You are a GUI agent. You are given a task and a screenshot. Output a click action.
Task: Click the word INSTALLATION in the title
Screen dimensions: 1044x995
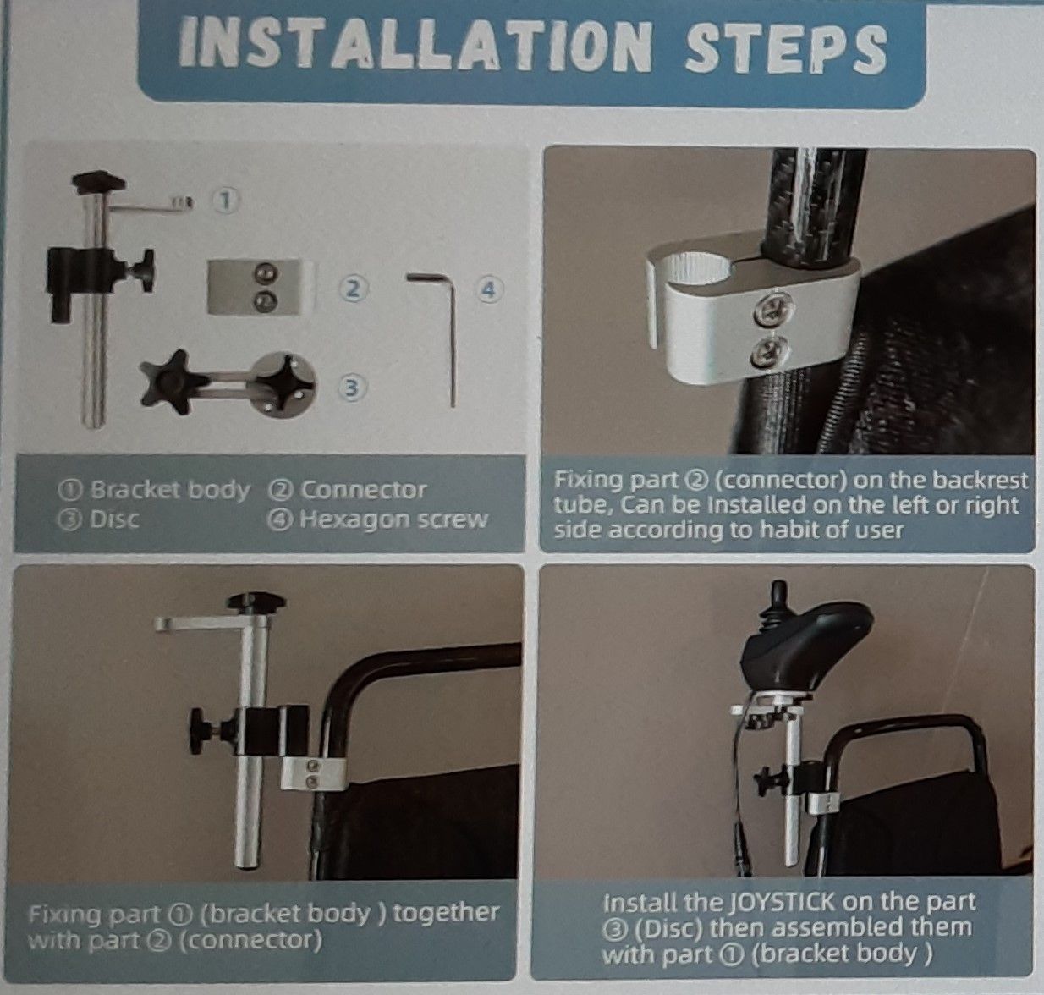[x=415, y=46]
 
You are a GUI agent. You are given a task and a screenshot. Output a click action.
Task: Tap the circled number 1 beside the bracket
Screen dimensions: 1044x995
[x=227, y=201]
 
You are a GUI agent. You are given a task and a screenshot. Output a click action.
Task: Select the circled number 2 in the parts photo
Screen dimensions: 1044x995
[x=354, y=289]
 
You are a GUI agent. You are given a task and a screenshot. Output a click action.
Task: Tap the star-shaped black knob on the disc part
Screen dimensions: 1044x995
[x=169, y=382]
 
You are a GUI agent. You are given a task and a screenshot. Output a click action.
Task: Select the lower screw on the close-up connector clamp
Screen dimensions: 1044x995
[x=770, y=351]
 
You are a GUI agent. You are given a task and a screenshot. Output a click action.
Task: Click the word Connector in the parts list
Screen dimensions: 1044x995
[x=363, y=490]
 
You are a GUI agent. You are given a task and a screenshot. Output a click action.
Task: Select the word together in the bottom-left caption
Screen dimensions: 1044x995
[x=445, y=912]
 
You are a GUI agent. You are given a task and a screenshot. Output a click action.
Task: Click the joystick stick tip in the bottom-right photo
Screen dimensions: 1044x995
[x=780, y=589]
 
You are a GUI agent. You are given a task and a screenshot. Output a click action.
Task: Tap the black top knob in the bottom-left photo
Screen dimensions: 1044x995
[x=257, y=602]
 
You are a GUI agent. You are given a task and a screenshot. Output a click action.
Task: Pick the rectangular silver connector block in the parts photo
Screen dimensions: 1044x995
[x=255, y=287]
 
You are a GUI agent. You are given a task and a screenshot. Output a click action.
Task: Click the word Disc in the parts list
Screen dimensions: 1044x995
[x=114, y=519]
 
